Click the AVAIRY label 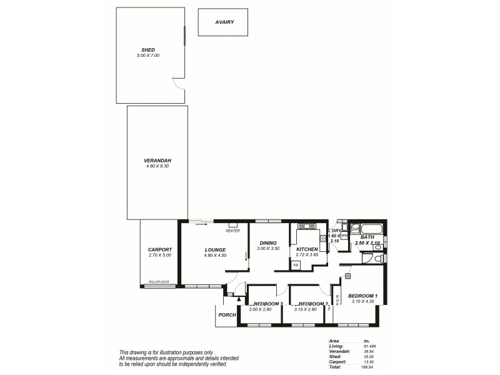point(224,22)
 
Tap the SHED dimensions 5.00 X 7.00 point(148,56)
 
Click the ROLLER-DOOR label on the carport point(159,282)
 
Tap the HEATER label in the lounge point(232,231)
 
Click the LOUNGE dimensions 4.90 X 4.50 point(214,255)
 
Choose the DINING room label point(267,243)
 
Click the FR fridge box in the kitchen point(296,266)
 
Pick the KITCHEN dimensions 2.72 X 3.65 point(307,255)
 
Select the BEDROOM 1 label point(362,296)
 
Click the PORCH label point(227,315)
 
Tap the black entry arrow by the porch point(239,299)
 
